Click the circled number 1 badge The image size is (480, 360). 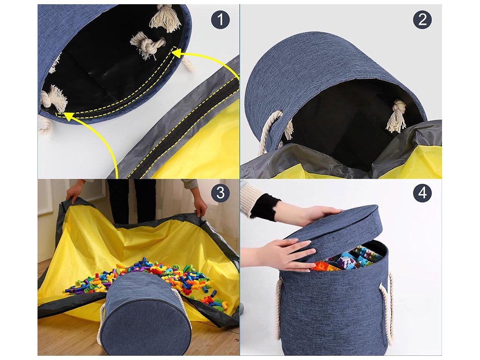pyautogui.click(x=220, y=20)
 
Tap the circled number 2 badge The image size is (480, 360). pyautogui.click(x=422, y=20)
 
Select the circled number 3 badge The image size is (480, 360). pyautogui.click(x=220, y=193)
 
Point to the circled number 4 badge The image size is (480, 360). pyautogui.click(x=422, y=193)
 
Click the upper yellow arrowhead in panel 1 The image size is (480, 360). pyautogui.click(x=177, y=54)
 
